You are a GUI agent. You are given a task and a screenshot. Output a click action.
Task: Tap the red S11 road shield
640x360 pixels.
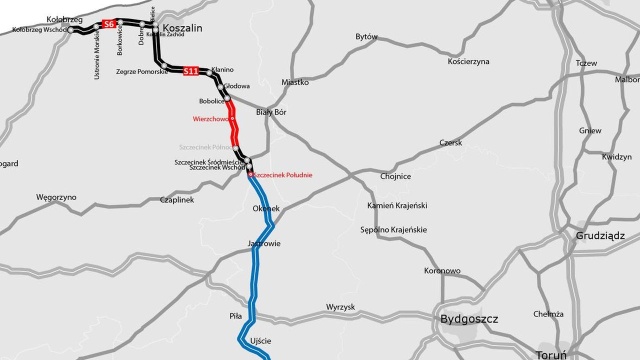190,70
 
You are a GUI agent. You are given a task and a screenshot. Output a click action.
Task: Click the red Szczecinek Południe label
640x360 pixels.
282,175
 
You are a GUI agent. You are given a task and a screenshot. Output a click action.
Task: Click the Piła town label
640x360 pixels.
236,315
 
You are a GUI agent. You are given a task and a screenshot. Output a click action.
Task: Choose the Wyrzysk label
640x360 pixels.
341,307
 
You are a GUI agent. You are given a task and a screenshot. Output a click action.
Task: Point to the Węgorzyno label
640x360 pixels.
56,198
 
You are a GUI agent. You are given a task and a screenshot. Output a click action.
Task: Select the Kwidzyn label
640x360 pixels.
617,157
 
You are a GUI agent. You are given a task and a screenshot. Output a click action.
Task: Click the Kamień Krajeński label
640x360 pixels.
398,205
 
